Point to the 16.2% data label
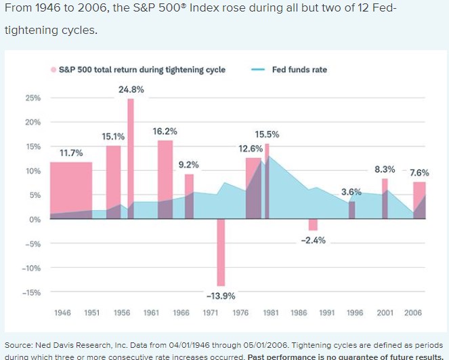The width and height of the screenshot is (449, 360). click(x=165, y=131)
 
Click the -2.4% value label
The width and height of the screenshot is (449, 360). click(x=312, y=241)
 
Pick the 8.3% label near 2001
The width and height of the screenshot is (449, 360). click(x=385, y=169)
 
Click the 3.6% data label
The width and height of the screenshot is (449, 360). click(x=351, y=192)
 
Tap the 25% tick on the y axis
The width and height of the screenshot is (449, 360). click(x=34, y=98)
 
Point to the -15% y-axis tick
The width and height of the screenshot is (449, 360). click(x=33, y=293)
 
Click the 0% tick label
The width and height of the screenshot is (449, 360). click(x=35, y=220)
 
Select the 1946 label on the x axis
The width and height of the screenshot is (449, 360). click(x=62, y=313)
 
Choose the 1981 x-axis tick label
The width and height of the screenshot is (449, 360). click(x=271, y=313)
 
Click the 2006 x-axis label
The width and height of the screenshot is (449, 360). click(x=413, y=313)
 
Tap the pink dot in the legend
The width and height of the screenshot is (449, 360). click(x=53, y=70)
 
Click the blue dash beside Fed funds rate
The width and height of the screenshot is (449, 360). click(x=257, y=70)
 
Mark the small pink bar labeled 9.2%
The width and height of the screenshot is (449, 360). click(x=189, y=197)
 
